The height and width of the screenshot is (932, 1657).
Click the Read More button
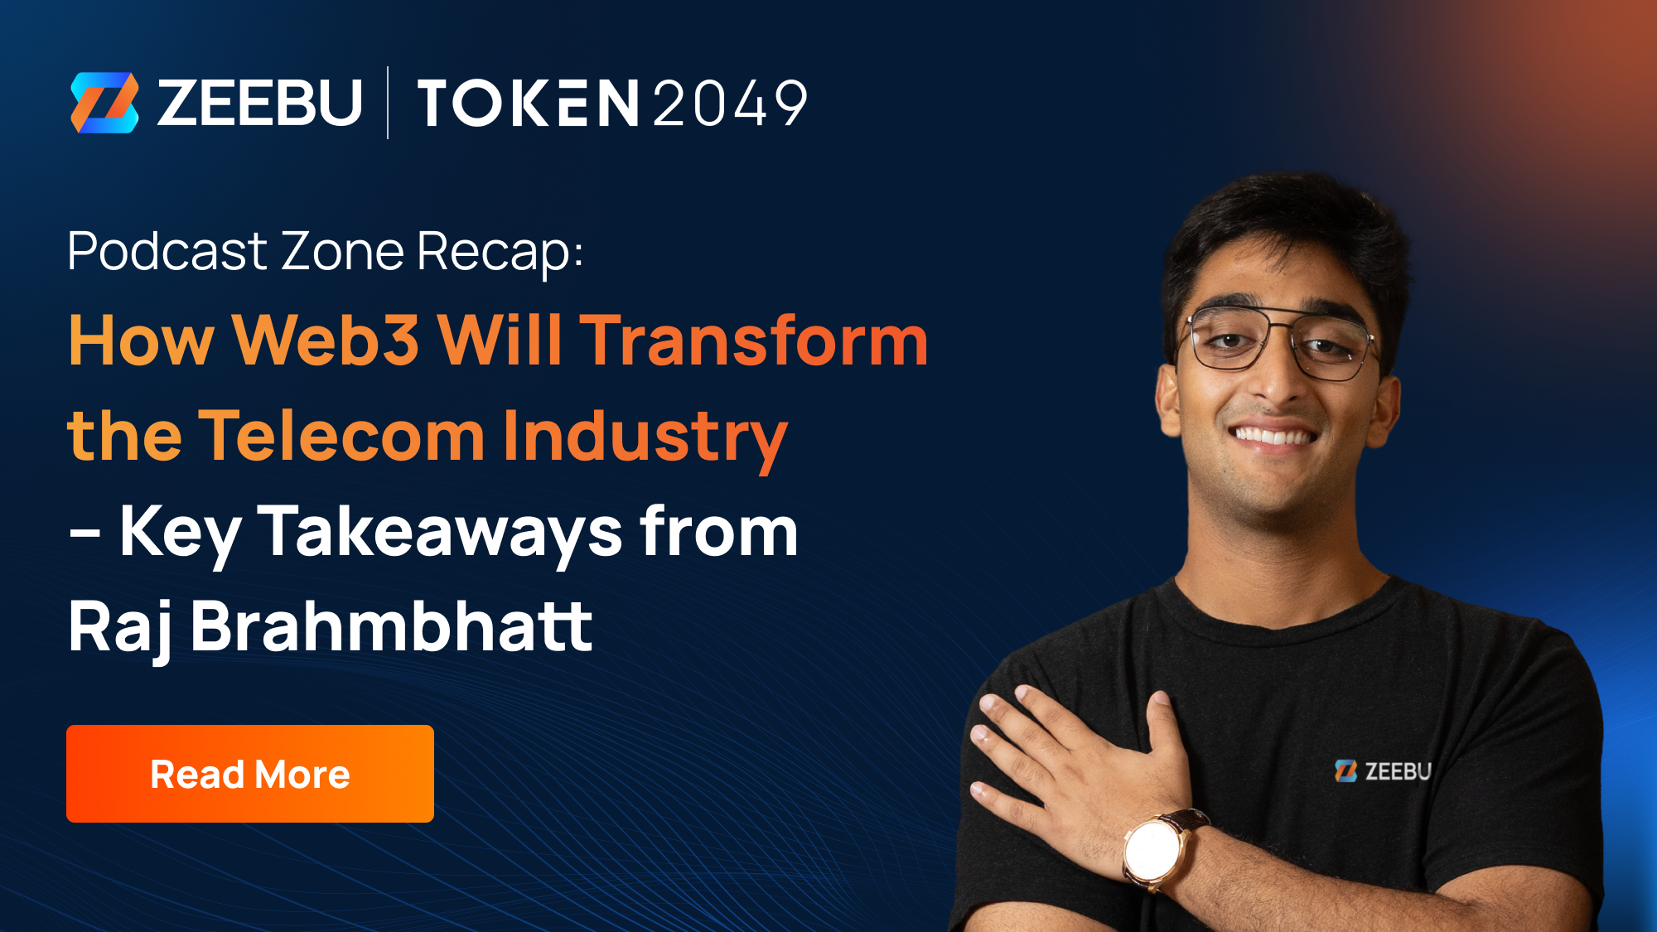pyautogui.click(x=249, y=774)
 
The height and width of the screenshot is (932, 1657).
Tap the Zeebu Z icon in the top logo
pyautogui.click(x=104, y=103)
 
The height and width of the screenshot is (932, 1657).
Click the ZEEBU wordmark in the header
pyautogui.click(x=259, y=103)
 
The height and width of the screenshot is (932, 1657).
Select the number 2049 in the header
pyautogui.click(x=730, y=104)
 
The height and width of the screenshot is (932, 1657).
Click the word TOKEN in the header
pyautogui.click(x=528, y=104)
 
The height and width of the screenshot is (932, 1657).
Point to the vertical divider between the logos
pyautogui.click(x=388, y=103)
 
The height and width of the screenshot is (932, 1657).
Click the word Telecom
pyautogui.click(x=341, y=436)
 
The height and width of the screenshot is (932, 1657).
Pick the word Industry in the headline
pyautogui.click(x=645, y=437)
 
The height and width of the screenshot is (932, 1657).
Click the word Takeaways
pyautogui.click(x=440, y=532)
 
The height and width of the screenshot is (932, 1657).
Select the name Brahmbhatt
pyautogui.click(x=391, y=626)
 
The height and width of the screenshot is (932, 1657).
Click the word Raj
pyautogui.click(x=121, y=628)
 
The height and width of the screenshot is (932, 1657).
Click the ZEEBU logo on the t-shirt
pyautogui.click(x=1384, y=771)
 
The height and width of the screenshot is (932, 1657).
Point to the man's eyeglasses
pyautogui.click(x=1280, y=341)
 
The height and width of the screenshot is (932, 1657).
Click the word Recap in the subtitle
pyautogui.click(x=498, y=252)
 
